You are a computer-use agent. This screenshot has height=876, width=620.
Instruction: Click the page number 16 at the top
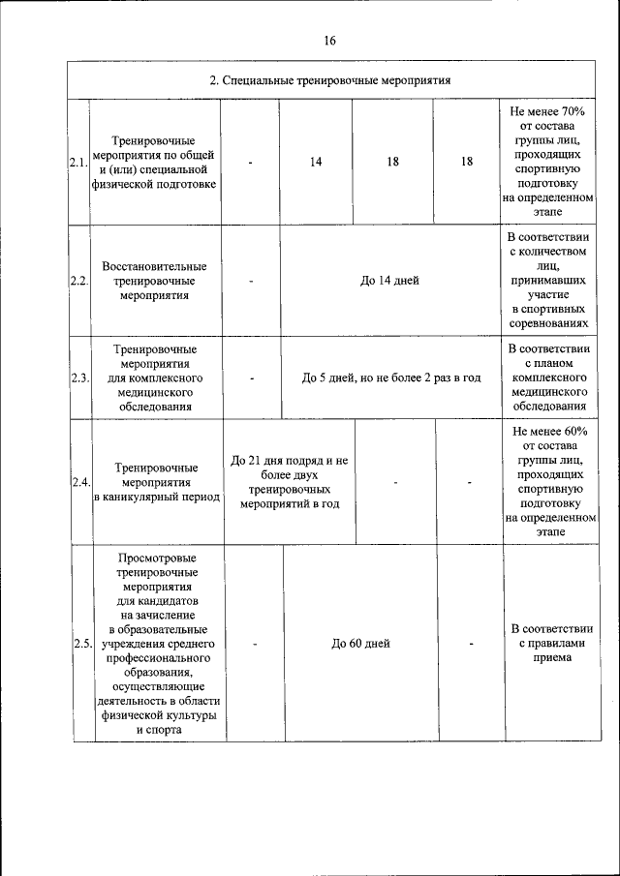coord(330,41)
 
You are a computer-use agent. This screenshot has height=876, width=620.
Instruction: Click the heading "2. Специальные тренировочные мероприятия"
coord(331,79)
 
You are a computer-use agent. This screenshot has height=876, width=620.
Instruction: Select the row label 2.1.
coord(78,163)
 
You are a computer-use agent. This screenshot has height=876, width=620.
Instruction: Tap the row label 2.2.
coord(79,282)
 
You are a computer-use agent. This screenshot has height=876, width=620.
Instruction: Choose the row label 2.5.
coord(82,644)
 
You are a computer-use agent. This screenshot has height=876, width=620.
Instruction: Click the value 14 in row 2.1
coord(316,163)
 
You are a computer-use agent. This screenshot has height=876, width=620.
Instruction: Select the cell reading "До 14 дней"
coord(389,282)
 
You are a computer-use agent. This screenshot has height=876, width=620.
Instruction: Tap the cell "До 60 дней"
coord(360,644)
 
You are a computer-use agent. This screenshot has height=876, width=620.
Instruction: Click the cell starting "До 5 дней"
coord(391,378)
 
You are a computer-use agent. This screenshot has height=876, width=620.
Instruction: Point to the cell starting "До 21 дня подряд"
coord(290,482)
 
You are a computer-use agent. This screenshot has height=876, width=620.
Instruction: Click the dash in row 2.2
coord(250,282)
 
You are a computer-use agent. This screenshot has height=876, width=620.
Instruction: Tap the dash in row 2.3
coord(251,378)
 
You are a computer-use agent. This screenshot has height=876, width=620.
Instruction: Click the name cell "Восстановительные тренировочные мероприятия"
coord(154,281)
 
